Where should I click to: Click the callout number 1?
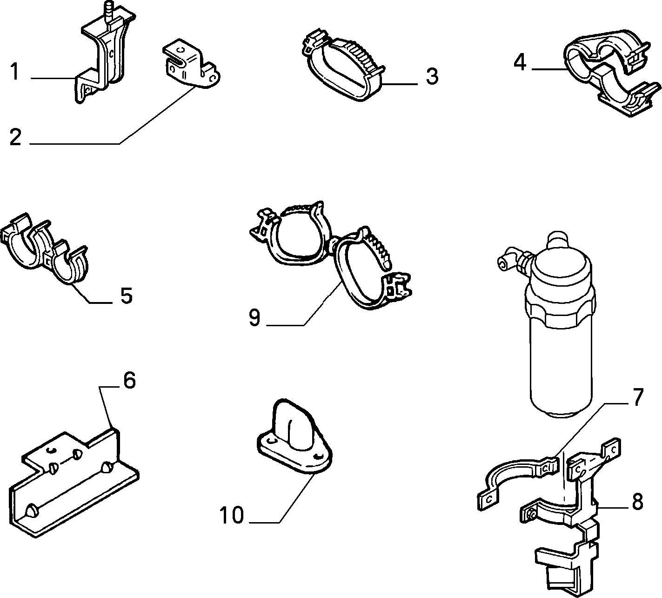(14, 72)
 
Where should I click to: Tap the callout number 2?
(15, 137)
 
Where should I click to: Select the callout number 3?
(432, 76)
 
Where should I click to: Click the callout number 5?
(127, 296)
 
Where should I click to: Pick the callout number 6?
(129, 380)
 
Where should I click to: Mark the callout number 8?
(637, 502)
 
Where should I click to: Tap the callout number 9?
(254, 318)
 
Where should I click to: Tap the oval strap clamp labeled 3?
(343, 65)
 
